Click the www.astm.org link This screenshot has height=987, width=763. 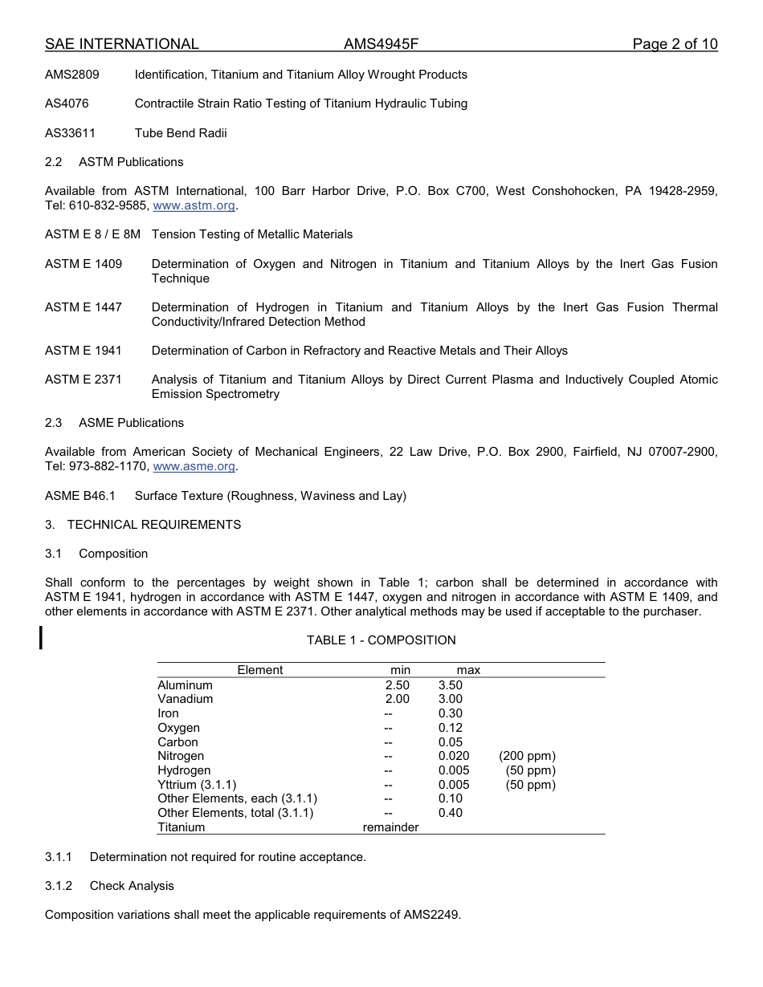pos(194,205)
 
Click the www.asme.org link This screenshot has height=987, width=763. pos(194,466)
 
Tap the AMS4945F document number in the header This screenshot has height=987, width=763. pos(381,44)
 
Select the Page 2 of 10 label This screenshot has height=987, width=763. pos(675,44)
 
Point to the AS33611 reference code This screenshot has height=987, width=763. pos(70,133)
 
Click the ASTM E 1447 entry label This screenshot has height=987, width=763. pos(84,307)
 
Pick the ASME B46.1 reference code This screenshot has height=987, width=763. pos(80,496)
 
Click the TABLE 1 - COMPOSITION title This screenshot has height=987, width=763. pos(381,640)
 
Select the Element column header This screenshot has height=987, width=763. pos(260,670)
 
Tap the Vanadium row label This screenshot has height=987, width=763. pos(186,699)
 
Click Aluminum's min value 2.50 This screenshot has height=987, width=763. pos(397,685)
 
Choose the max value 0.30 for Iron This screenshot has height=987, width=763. pos(451,713)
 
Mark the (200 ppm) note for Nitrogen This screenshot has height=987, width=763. pos(527,756)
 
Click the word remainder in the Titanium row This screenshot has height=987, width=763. pos(391,827)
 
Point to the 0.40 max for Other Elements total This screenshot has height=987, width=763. pos(451,813)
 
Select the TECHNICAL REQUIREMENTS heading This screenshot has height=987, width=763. pos(154,525)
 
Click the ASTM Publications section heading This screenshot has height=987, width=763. pos(131,162)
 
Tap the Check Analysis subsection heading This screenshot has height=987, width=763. pos(132,886)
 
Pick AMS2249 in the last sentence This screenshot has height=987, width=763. pos(431,915)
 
